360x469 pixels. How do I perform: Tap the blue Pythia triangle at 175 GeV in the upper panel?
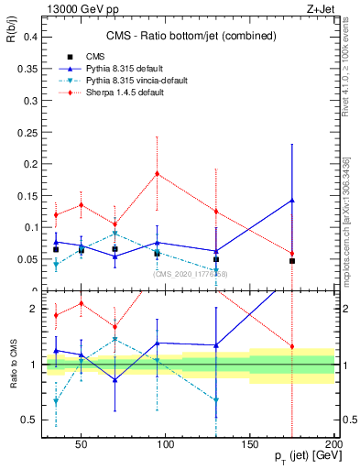[x=292, y=200]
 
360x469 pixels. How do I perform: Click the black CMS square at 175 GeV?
[x=292, y=261]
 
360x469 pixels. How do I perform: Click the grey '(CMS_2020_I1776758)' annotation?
[x=191, y=273]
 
